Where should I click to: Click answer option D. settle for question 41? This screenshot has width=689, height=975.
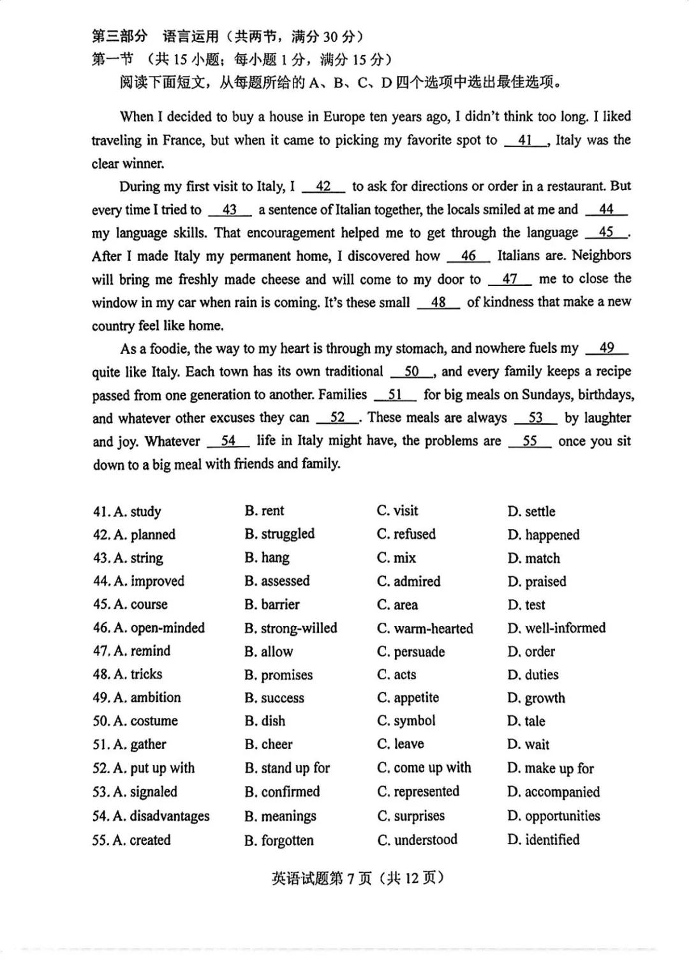click(x=531, y=511)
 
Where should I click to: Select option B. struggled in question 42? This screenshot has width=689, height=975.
click(x=279, y=534)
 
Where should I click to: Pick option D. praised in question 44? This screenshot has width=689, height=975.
click(x=537, y=581)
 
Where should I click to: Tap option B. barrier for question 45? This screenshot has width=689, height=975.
click(x=272, y=604)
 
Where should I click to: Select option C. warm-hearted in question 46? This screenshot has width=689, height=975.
click(x=425, y=628)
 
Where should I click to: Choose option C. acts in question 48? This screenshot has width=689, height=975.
click(x=396, y=674)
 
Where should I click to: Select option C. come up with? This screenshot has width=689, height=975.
click(x=424, y=768)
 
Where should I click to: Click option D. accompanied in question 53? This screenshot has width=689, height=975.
click(x=553, y=792)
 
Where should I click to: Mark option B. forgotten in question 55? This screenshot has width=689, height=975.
click(x=279, y=840)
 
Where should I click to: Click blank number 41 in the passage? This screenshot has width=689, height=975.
click(x=526, y=140)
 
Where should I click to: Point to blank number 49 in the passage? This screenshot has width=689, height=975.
click(x=607, y=348)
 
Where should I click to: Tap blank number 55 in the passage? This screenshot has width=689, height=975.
click(x=530, y=441)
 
